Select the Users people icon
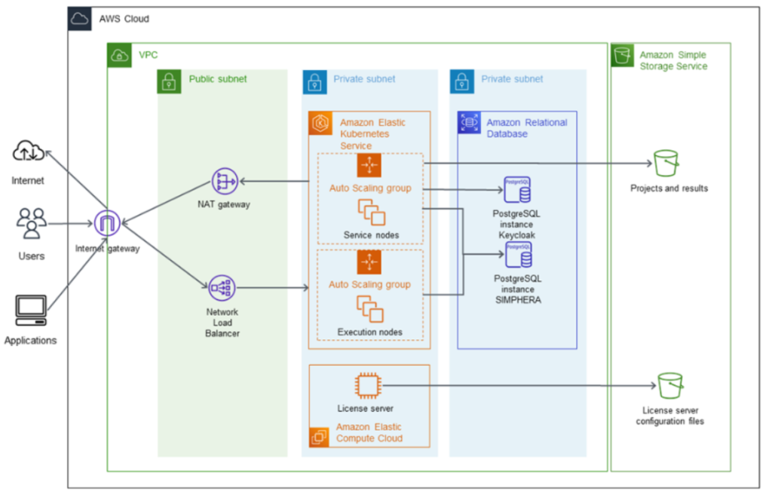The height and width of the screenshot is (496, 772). point(31,223)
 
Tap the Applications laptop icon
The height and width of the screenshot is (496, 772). point(31,310)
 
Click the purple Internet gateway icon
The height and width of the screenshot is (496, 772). point(108,222)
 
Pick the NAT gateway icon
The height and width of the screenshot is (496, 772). point(225,180)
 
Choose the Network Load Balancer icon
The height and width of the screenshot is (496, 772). point(222,287)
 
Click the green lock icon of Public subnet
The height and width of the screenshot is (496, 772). point(170,82)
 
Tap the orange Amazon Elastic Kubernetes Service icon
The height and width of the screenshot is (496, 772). point(321,124)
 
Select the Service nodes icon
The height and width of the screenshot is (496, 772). point(371,212)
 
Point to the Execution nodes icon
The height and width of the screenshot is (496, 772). point(369,310)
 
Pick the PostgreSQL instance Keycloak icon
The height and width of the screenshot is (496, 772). point(516,191)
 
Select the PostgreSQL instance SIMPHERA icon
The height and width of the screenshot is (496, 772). point(517,256)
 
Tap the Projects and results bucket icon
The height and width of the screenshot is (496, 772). point(666,162)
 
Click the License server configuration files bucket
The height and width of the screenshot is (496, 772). point(669,386)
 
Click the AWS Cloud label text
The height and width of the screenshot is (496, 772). point(124,19)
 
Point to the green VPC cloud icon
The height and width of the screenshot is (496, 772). point(119,55)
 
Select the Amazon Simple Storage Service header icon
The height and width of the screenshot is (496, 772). point(622,56)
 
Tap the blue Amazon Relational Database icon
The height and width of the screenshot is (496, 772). point(469,123)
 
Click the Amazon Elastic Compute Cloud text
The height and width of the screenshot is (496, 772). point(369,433)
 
